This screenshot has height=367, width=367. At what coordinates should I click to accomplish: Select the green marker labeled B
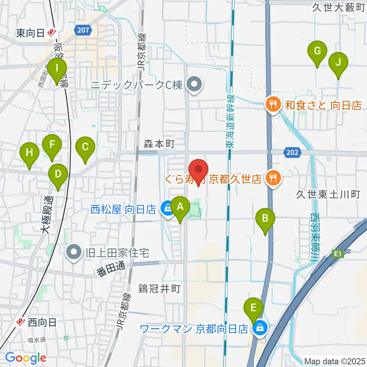point(266,218)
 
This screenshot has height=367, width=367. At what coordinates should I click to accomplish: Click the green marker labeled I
point(57,69)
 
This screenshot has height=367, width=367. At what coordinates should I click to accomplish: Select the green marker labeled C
point(85,147)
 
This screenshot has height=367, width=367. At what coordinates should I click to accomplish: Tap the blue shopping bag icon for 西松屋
point(167,208)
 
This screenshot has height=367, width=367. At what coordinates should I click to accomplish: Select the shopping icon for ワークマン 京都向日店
point(260,328)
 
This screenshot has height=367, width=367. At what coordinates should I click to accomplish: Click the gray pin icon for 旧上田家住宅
point(74,252)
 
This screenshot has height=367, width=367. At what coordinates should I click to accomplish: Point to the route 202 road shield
point(292,153)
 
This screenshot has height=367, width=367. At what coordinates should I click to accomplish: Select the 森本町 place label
point(159,144)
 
